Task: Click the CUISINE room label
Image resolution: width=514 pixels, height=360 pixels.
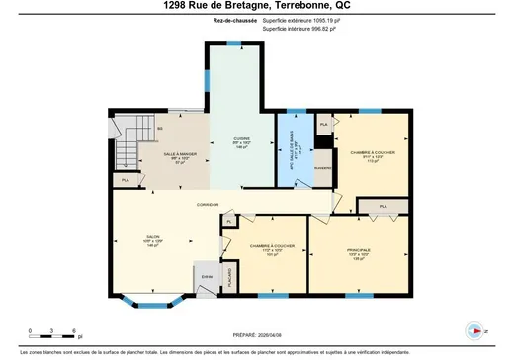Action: (x=241, y=140)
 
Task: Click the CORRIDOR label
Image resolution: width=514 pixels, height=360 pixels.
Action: (x=208, y=204)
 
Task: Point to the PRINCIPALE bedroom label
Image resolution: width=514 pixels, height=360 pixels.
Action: (x=358, y=251)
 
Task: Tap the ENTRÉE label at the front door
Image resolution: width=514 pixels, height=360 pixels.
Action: (x=207, y=275)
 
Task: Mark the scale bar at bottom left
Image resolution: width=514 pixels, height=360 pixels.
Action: (x=52, y=331)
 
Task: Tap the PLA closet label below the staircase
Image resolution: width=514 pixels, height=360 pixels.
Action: (x=125, y=180)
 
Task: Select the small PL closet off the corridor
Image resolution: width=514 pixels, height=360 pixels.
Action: (x=226, y=223)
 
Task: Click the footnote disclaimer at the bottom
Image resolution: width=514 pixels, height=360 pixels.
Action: (x=256, y=350)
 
